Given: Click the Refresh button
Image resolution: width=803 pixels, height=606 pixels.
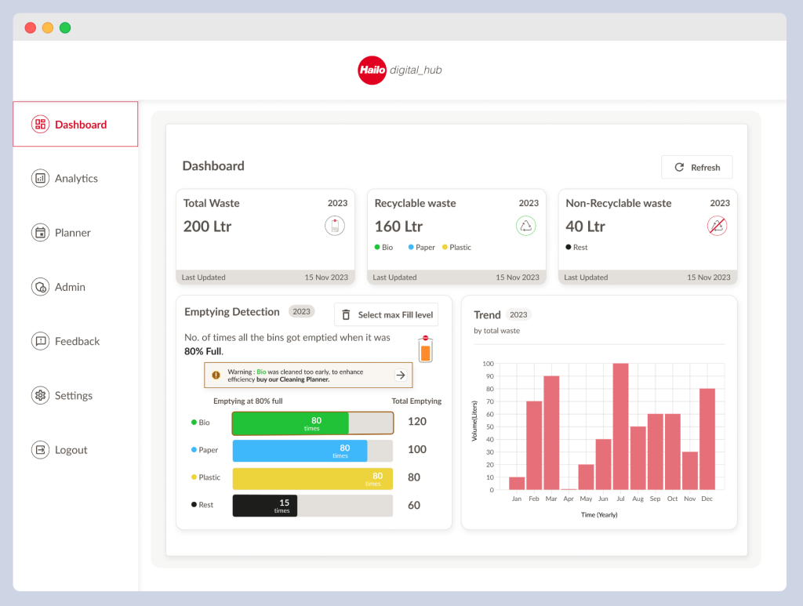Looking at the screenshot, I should (x=696, y=167).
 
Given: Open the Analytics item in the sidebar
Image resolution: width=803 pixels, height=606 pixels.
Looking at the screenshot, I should (x=75, y=179).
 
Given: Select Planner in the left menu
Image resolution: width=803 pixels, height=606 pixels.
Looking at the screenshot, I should (x=72, y=233).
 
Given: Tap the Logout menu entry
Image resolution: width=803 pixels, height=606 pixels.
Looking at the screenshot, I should (x=71, y=450).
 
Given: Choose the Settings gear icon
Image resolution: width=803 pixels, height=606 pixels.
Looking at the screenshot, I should (x=40, y=396).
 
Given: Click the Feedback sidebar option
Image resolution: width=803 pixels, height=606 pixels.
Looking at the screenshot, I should (x=76, y=342).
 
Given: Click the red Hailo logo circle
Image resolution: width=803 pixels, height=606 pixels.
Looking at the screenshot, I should (x=372, y=71).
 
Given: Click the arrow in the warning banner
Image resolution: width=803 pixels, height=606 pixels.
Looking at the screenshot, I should (x=401, y=376).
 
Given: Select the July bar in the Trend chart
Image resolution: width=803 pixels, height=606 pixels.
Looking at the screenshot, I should (x=620, y=426).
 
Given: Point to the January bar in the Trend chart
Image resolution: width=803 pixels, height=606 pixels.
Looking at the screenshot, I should (x=517, y=483).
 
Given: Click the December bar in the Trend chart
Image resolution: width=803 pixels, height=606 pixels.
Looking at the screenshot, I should (x=707, y=439).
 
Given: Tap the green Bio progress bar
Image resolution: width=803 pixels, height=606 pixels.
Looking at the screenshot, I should (x=290, y=423).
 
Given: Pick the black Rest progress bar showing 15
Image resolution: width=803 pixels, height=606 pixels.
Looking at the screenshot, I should (x=264, y=506).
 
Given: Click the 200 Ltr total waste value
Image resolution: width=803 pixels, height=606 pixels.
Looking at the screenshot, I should (x=207, y=227).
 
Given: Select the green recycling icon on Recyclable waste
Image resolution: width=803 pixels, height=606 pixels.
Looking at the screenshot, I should (x=525, y=227).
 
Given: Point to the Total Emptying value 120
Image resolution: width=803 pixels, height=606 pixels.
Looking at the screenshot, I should (x=417, y=422).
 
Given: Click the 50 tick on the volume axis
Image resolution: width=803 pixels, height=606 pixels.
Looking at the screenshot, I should (x=489, y=426).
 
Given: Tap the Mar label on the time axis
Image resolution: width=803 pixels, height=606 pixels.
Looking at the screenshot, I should (x=551, y=499).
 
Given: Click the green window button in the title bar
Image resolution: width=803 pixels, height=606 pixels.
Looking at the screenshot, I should (x=65, y=27).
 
